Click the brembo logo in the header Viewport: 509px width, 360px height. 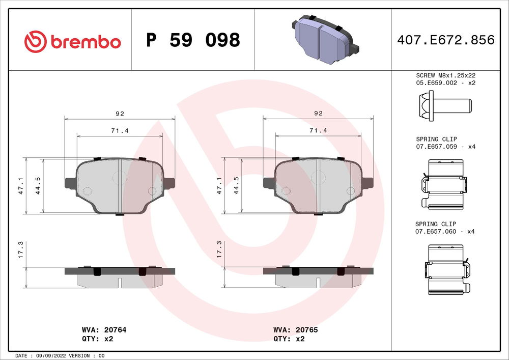[x=73, y=41]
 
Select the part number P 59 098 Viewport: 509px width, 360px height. [x=193, y=40]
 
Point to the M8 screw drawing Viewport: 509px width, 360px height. [x=445, y=106]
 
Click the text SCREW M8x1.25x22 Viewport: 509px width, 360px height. [x=445, y=75]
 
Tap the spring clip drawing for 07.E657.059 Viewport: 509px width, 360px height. [x=444, y=184]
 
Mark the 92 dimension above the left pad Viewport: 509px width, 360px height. [x=120, y=114]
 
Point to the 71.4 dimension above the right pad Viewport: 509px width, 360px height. [x=318, y=131]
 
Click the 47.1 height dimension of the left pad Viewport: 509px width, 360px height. [x=21, y=186]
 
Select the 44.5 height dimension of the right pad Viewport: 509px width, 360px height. [x=236, y=186]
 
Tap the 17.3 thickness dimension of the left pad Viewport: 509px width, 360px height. [x=21, y=249]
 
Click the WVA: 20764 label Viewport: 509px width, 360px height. [x=104, y=330]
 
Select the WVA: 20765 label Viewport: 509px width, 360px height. [x=296, y=330]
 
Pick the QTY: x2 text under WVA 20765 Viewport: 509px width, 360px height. [x=289, y=338]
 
